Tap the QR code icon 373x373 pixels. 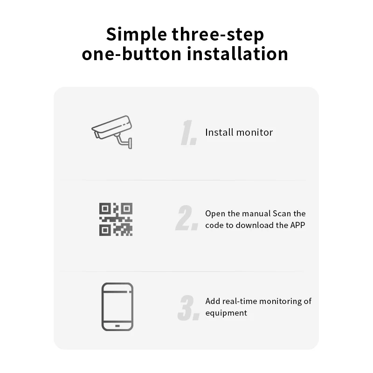tap(116, 219)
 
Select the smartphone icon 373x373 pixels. tap(117, 307)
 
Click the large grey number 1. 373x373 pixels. tap(188, 132)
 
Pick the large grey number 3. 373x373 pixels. tap(188, 307)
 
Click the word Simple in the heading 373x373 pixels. tap(137, 34)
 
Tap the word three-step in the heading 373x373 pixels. tap(218, 34)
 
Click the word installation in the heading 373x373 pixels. tap(237, 54)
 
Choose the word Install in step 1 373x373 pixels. tap(219, 132)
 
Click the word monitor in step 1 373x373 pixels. tap(255, 132)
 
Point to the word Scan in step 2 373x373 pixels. tap(282, 214)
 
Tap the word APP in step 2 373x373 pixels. tap(297, 225)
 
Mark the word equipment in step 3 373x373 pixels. tap(226, 313)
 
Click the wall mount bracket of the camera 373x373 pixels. tap(124, 140)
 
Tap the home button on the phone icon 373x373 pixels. tap(117, 325)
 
